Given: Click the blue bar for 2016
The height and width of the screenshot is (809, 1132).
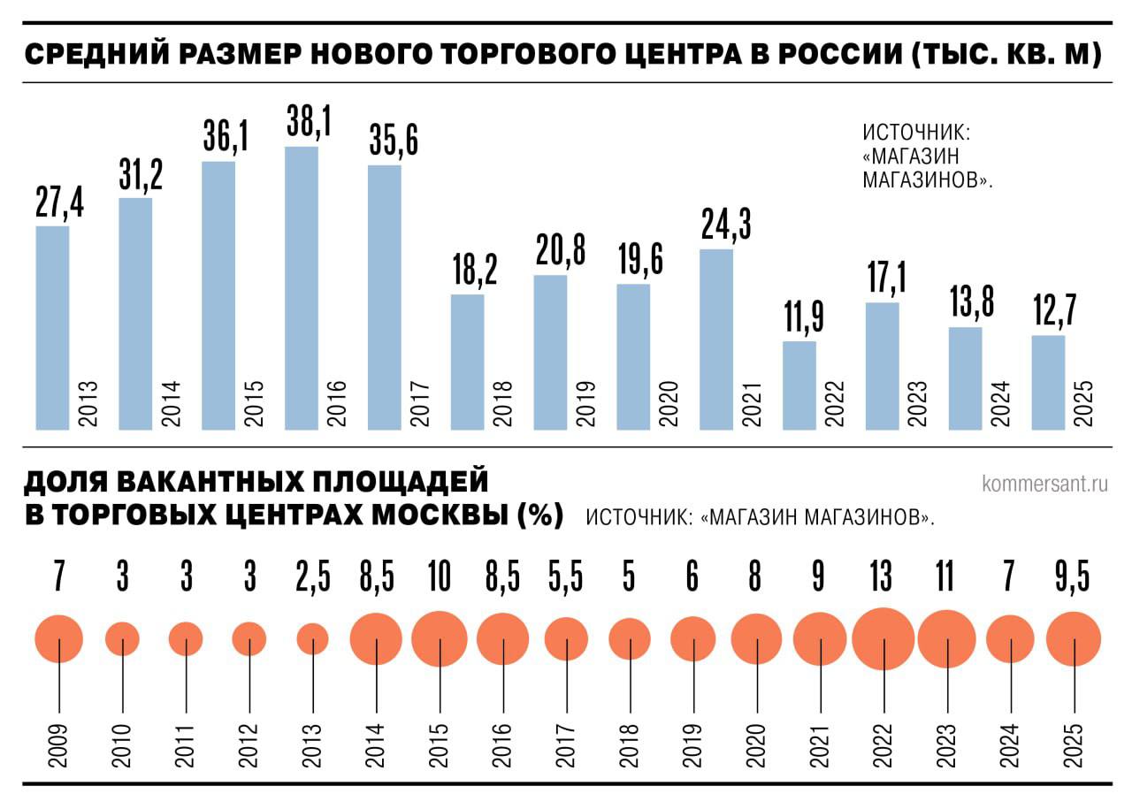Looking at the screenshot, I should coord(302,287).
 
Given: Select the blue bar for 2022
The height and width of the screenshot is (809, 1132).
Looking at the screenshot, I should coord(799,385).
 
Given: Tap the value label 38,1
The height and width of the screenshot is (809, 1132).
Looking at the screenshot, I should coord(309,120).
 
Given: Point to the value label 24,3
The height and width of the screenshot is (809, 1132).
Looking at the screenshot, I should coord(725,224).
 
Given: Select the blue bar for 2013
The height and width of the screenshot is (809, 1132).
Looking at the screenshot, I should coord(52,327).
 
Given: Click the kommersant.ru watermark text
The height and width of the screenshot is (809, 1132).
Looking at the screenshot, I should coord(1044,484).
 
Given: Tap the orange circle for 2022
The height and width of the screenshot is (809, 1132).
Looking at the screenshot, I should coord(883,638).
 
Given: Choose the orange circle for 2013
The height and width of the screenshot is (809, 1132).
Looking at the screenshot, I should coord(312,638).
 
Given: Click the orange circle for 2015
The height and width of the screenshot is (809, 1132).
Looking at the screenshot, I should coord(440,638).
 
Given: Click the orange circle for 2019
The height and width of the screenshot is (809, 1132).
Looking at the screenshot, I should coord(692,638).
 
